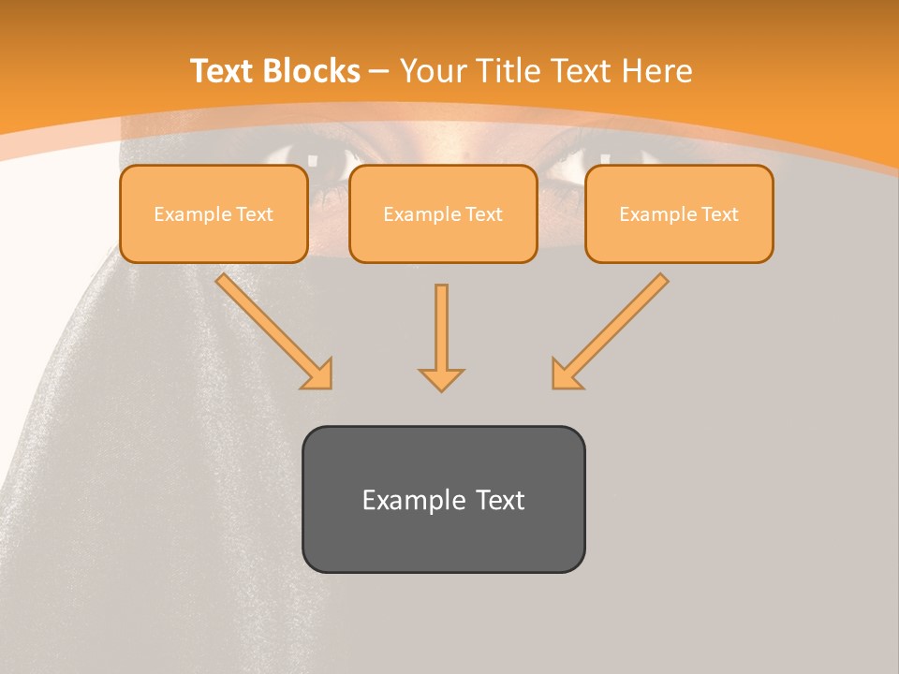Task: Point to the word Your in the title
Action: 433,71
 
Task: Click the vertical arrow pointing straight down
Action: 441,332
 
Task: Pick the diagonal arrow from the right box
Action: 613,328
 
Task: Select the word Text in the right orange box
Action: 719,214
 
